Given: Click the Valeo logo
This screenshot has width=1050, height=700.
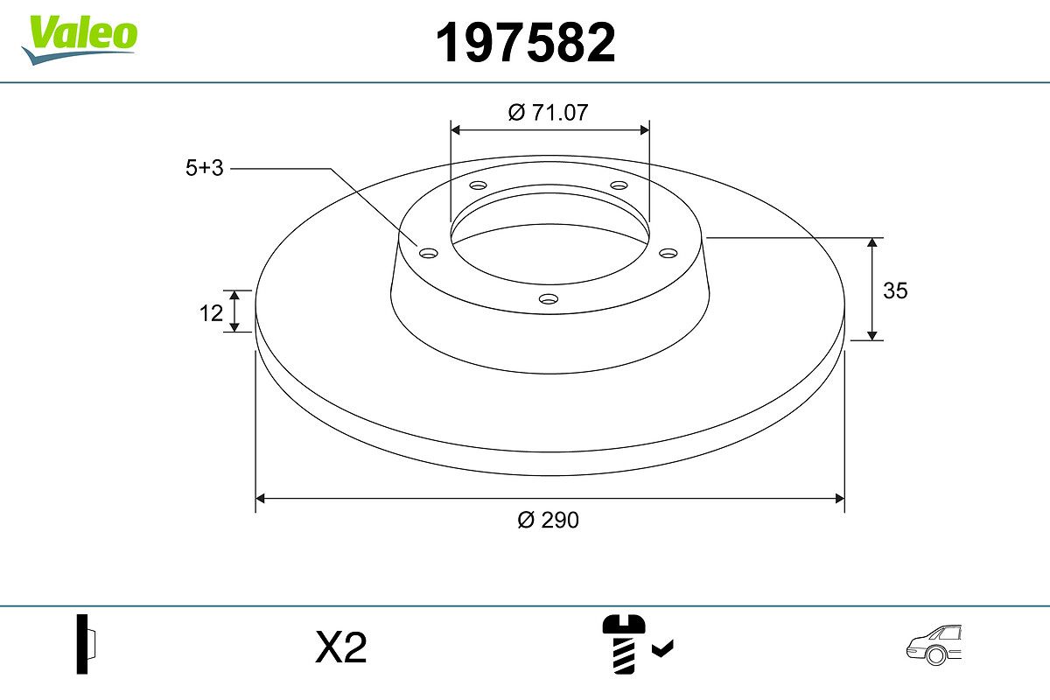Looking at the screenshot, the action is pyautogui.click(x=80, y=39).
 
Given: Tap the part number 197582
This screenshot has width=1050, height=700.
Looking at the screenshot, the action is pyautogui.click(x=526, y=43).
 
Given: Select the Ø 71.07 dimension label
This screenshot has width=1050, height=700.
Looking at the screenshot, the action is pyautogui.click(x=548, y=113).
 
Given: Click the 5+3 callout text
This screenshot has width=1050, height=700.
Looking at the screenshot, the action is pyautogui.click(x=205, y=168).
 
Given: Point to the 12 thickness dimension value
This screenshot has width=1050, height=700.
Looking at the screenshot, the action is pyautogui.click(x=211, y=313).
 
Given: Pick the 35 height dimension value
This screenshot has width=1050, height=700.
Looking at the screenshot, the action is pyautogui.click(x=895, y=290).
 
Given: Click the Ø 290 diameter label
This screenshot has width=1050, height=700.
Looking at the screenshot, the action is pyautogui.click(x=549, y=520).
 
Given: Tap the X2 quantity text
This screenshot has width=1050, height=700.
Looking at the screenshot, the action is pyautogui.click(x=340, y=647).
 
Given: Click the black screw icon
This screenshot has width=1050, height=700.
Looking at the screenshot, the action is pyautogui.click(x=623, y=644).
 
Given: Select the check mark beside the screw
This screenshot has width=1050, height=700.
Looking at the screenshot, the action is pyautogui.click(x=663, y=648).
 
